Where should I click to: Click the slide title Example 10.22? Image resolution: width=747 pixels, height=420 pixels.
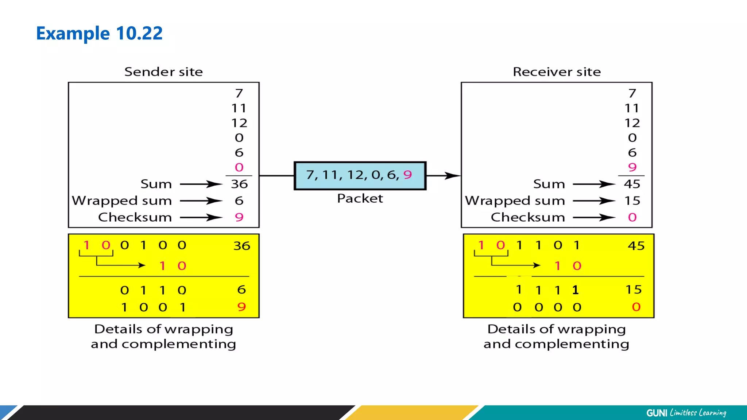coord(99,34)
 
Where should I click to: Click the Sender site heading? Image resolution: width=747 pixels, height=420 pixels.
coord(163,72)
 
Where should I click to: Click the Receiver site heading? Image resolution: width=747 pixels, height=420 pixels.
coord(557,72)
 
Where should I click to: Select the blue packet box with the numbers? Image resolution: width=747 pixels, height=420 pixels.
coord(360,176)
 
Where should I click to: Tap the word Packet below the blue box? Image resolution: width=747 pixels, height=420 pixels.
coord(360,199)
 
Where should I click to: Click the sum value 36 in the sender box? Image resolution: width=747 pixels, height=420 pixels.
coord(239,184)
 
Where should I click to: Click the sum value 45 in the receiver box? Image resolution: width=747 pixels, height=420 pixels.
coord(632,184)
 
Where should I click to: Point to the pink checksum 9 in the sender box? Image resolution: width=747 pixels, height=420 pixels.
coord(239,217)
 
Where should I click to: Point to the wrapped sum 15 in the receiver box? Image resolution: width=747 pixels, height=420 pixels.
coord(632,201)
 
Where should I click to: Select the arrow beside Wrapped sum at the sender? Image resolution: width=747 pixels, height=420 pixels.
coord(201,201)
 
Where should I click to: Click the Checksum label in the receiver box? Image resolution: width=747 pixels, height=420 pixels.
coord(528,217)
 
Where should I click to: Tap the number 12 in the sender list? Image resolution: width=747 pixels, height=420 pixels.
coord(239,123)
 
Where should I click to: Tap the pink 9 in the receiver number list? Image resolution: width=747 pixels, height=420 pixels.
coord(632,167)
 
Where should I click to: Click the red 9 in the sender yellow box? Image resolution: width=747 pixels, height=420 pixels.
coord(241,307)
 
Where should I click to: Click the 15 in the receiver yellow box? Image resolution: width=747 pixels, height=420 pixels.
coord(634,290)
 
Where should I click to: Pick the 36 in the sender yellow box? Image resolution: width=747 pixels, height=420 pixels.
coord(242,246)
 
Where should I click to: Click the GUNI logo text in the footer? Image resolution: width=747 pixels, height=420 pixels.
coord(657,413)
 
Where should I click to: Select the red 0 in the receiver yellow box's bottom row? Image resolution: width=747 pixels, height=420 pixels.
coord(636,307)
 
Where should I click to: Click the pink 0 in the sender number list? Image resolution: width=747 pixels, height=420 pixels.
coord(239,167)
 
